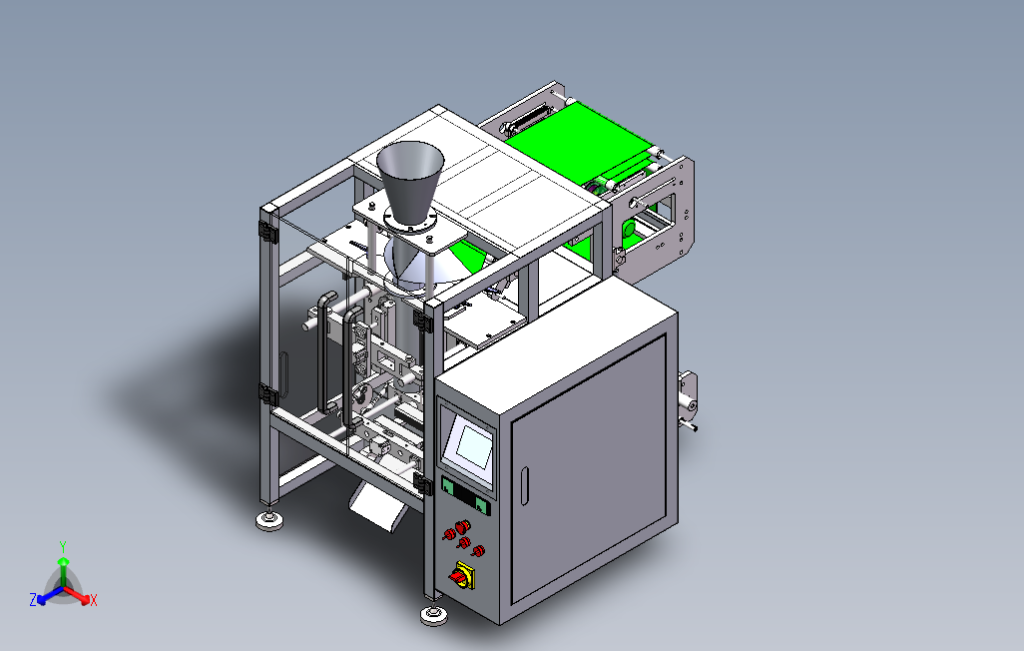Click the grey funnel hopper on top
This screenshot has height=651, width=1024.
tap(410, 180)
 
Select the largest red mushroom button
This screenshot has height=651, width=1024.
tap(462, 525)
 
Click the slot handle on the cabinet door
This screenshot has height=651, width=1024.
tap(524, 485)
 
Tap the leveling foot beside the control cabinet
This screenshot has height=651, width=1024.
tap(433, 614)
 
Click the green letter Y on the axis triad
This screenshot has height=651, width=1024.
tap(63, 546)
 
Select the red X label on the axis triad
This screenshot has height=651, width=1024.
tap(94, 600)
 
